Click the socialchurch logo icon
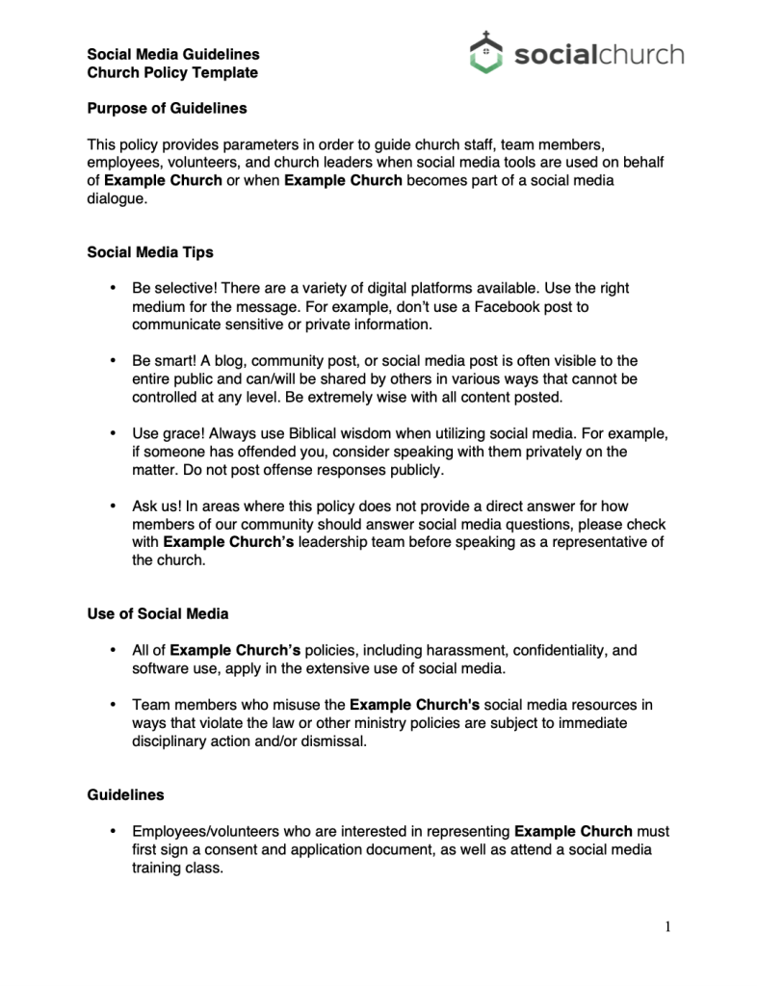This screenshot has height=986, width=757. pos(486,52)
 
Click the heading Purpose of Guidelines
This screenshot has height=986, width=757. pos(167,108)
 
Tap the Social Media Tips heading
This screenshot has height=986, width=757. pos(150,252)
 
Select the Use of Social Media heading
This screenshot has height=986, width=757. pos(158,613)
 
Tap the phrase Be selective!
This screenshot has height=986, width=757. pos(175,288)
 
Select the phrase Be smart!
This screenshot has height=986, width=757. pos(165,360)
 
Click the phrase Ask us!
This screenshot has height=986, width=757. pos(157,506)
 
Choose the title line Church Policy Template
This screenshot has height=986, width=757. pos(172,72)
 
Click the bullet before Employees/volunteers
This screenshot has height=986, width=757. pos(114,830)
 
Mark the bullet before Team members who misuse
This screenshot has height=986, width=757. pos(114,705)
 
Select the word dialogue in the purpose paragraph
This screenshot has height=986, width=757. pos(118,199)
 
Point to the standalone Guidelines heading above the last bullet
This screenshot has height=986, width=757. pos(125,795)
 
